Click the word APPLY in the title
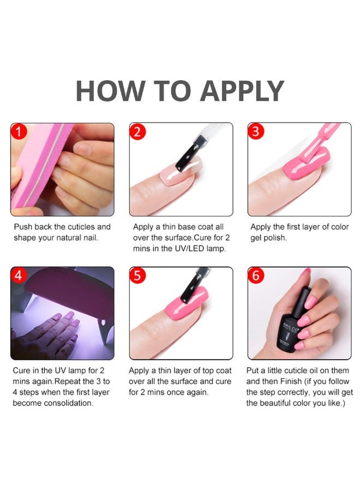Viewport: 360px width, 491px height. coord(242,91)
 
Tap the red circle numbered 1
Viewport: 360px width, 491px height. coord(19,131)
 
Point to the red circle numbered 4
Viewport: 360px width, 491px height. coord(19,276)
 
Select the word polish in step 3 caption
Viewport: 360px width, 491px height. coord(275,238)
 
